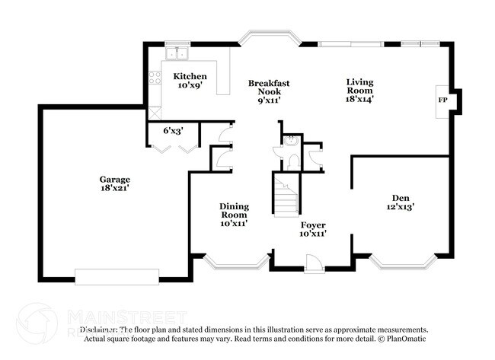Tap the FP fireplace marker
click(x=442, y=100)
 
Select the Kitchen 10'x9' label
click(x=189, y=81)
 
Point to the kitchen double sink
click(x=179, y=53)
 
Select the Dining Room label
click(x=234, y=214)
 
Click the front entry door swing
click(x=311, y=263)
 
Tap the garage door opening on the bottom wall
click(x=117, y=276)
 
